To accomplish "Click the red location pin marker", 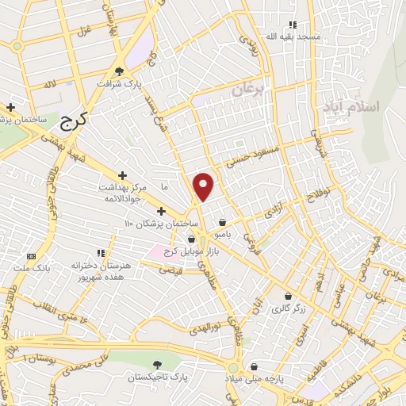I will pyautogui.click(x=205, y=186).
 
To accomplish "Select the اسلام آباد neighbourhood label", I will pyautogui.click(x=351, y=105).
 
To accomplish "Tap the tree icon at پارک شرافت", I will pyautogui.click(x=119, y=69).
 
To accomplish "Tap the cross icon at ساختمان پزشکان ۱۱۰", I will pyautogui.click(x=162, y=211).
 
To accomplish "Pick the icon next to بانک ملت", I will pyautogui.click(x=32, y=256).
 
